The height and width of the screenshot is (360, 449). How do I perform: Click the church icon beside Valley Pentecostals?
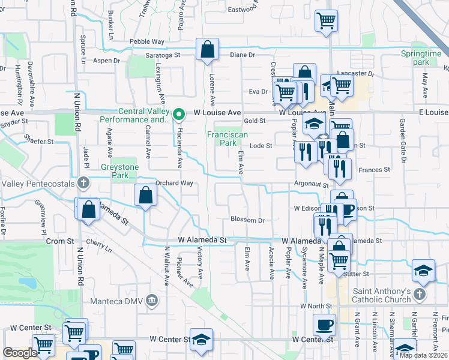(83, 182)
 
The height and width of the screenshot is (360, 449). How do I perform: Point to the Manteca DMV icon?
(152, 299)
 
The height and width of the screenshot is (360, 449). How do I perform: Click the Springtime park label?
(421, 58)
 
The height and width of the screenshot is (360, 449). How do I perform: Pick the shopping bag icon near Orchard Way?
(146, 194)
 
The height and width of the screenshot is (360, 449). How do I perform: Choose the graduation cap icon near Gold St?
(313, 125)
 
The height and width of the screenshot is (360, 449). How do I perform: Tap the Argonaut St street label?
(312, 185)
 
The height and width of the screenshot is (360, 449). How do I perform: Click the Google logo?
(20, 353)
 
